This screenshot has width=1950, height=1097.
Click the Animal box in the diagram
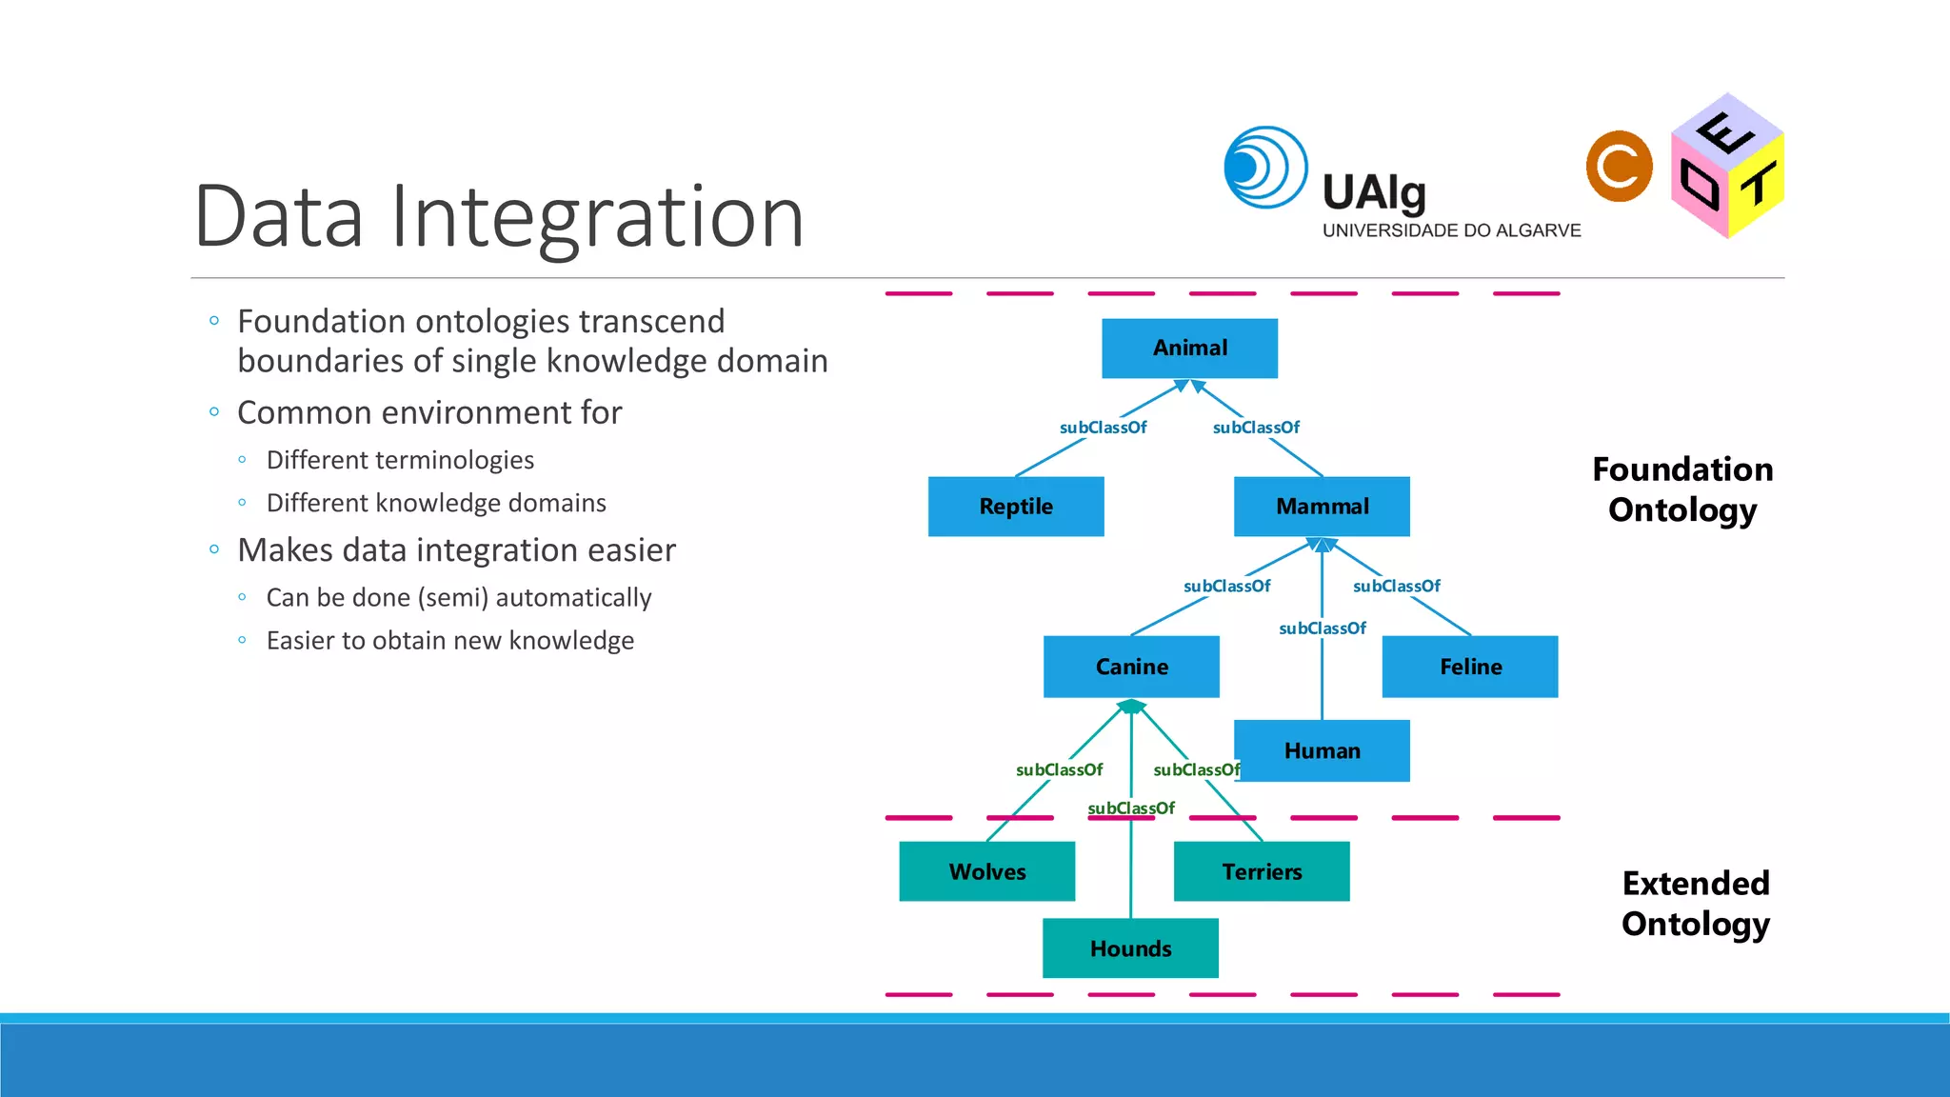click(1189, 349)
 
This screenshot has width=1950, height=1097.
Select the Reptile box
click(1016, 507)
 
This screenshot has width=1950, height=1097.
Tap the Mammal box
click(1322, 507)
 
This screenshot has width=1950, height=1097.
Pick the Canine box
click(1131, 667)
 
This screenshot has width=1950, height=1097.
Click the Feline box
click(1470, 667)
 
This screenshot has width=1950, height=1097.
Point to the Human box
click(1322, 750)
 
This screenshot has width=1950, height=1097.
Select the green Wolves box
click(987, 871)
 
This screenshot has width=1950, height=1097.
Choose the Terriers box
click(1262, 871)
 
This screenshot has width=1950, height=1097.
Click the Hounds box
click(1130, 948)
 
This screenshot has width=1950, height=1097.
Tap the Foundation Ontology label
click(1682, 489)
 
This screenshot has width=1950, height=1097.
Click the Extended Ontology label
click(1696, 903)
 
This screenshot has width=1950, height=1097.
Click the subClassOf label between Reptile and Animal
click(1103, 428)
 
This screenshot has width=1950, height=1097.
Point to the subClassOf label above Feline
click(1396, 587)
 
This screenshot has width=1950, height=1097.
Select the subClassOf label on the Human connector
click(1322, 628)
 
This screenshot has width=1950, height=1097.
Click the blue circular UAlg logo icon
click(1265, 168)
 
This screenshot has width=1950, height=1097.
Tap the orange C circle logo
click(1620, 167)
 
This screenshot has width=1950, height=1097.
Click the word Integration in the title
click(597, 217)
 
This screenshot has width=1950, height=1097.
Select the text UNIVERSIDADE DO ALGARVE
click(1451, 230)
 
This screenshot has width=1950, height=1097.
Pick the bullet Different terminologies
click(400, 460)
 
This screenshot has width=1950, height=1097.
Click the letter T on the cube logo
click(1758, 184)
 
